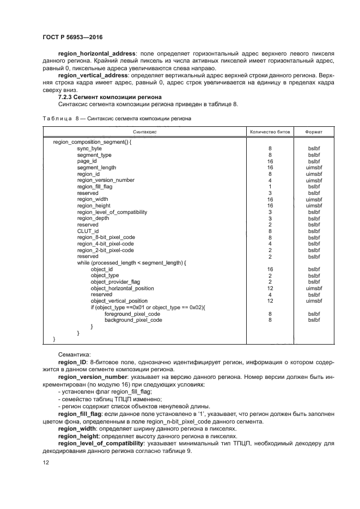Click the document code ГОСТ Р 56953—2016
[72, 37]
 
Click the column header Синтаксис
[145, 132]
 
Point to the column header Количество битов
[270, 132]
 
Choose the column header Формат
[314, 132]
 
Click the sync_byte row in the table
[89, 148]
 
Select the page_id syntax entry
[87, 161]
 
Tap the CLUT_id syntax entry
[88, 231]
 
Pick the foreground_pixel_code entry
[132, 314]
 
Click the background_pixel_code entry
[133, 320]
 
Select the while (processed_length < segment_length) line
[131, 263]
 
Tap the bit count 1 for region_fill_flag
[270, 187]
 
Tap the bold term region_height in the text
[80, 436]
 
